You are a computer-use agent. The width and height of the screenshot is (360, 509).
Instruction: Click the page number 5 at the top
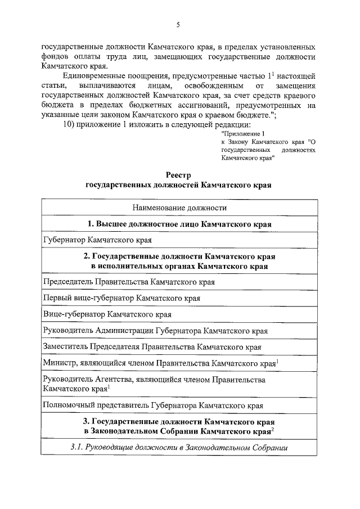(x=178, y=24)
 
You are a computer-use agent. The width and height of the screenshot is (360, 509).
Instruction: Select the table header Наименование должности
(x=179, y=208)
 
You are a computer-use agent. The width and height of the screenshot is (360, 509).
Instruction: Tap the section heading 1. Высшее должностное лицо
(x=179, y=224)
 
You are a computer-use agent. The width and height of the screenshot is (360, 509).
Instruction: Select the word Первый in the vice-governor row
(x=57, y=298)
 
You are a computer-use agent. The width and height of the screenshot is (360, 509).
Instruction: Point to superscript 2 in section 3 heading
(x=273, y=429)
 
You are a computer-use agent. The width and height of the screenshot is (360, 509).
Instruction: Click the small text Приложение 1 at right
(x=243, y=134)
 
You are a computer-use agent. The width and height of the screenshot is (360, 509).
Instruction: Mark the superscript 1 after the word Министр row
(x=277, y=362)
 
